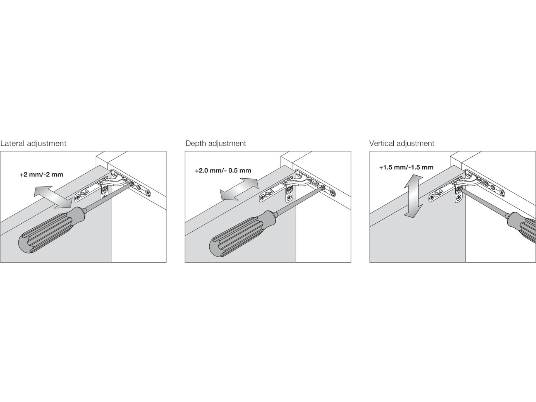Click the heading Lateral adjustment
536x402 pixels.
(33, 144)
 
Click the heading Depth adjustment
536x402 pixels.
(216, 144)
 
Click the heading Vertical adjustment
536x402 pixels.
(402, 144)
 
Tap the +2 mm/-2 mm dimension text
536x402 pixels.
(41, 174)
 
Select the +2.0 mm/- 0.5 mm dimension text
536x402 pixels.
(223, 171)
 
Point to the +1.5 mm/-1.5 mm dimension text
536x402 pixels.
(406, 167)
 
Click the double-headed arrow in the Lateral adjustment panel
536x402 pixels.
(53, 197)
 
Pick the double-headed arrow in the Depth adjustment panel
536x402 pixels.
(239, 189)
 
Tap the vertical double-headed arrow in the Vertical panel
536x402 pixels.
(413, 197)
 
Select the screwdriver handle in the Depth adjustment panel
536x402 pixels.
(242, 234)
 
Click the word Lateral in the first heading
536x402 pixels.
(13, 144)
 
